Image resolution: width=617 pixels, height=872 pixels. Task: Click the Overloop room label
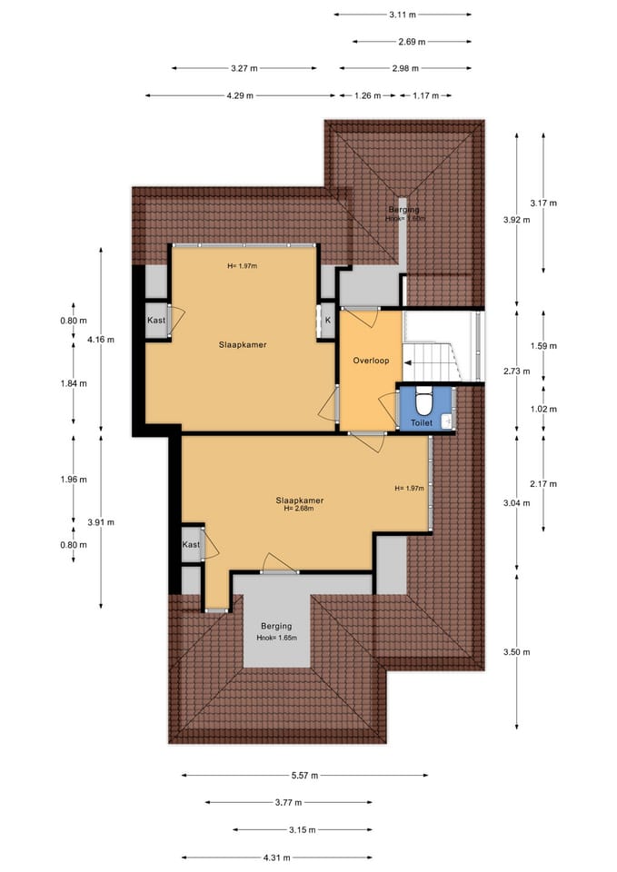[371, 361]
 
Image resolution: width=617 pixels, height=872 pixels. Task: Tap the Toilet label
[421, 422]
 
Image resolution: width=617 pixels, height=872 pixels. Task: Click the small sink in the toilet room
[447, 421]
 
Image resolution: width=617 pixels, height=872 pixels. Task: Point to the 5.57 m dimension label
[305, 775]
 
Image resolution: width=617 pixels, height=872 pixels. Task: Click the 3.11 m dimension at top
[403, 15]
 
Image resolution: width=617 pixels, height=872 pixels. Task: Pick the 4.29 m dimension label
[240, 95]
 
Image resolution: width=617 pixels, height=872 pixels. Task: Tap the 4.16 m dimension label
[101, 339]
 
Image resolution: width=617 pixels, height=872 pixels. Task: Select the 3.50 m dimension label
[516, 652]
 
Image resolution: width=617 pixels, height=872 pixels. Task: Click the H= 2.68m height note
[299, 509]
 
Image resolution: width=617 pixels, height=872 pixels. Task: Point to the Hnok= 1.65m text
[276, 638]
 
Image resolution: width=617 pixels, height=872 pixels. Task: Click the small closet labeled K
[328, 321]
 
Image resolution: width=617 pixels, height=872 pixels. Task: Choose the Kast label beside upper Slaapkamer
[156, 321]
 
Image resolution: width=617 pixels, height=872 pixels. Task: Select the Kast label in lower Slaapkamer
[191, 544]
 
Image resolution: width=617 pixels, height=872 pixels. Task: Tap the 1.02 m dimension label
[543, 409]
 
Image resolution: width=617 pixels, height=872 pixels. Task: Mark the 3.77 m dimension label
[288, 802]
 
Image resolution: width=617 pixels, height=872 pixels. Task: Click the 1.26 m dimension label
[368, 95]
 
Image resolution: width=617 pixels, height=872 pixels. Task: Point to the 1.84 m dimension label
[74, 383]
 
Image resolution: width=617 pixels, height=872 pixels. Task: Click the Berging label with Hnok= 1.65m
[276, 626]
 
